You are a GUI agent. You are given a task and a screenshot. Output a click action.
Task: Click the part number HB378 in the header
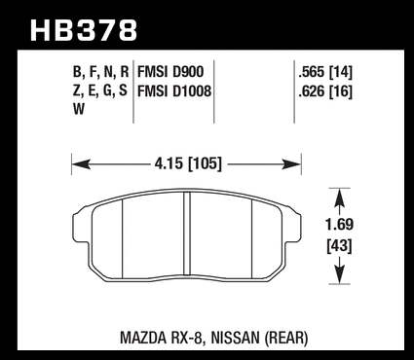tap(84, 30)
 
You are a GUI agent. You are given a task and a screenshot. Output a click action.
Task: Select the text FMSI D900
tap(170, 72)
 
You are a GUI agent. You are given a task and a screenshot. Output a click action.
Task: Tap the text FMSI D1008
tap(174, 90)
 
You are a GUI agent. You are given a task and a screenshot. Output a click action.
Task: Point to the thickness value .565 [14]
tap(325, 72)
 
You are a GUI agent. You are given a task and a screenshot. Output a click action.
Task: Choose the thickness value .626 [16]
tap(325, 91)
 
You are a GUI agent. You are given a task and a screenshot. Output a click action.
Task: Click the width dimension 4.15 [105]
tap(188, 163)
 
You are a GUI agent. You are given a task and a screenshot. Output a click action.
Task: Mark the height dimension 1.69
tap(339, 225)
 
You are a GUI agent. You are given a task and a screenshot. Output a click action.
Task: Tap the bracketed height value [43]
tap(339, 246)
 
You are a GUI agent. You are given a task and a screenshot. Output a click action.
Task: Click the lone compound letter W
tap(79, 109)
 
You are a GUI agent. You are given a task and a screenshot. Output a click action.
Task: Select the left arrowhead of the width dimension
tap(81, 164)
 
